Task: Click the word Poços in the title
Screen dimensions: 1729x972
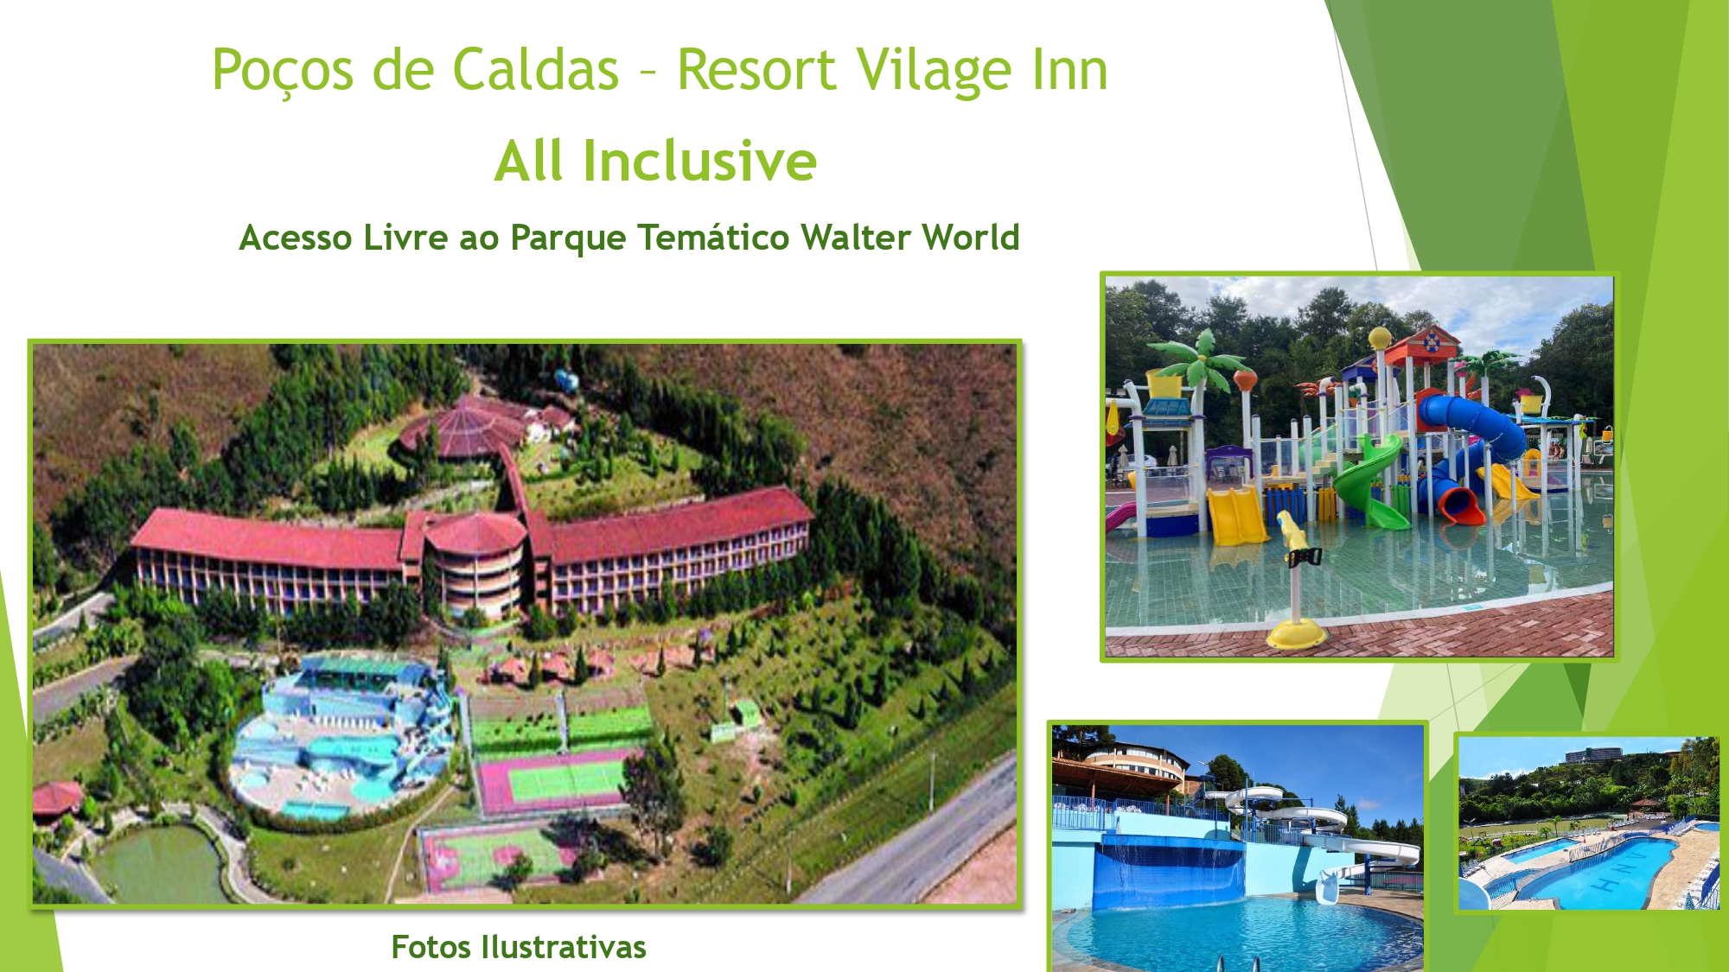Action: pyautogui.click(x=283, y=71)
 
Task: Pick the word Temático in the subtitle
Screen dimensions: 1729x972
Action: pyautogui.click(x=713, y=238)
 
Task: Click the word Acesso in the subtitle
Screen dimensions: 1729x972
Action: pyautogui.click(x=296, y=238)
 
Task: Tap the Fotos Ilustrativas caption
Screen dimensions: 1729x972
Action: pyautogui.click(x=519, y=947)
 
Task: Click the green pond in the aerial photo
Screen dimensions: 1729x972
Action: pyautogui.click(x=160, y=864)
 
